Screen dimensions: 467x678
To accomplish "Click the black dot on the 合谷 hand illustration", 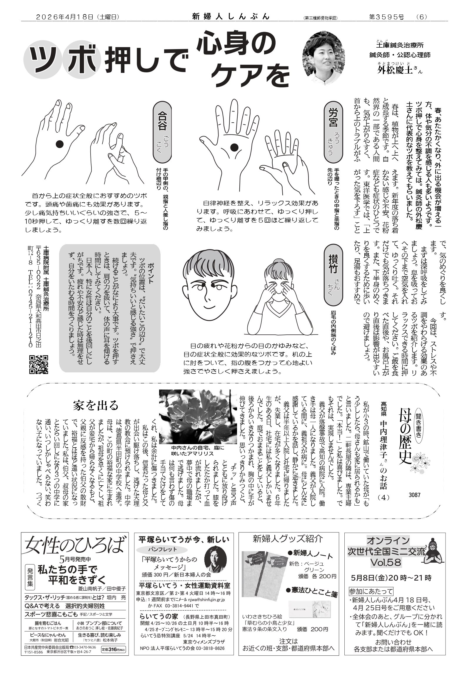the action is [x=60, y=143].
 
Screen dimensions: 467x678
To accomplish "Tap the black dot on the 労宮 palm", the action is [x=234, y=147].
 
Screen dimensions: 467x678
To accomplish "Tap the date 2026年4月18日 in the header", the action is [x=64, y=17].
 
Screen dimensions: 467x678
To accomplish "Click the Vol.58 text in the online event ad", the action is [x=386, y=563].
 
